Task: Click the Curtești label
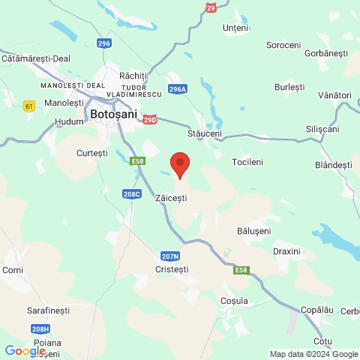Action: (92, 153)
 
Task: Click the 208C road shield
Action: (131, 193)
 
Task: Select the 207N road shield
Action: (169, 256)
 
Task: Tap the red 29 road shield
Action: (211, 7)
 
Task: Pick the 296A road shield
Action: (178, 88)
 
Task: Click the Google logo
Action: (25, 350)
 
